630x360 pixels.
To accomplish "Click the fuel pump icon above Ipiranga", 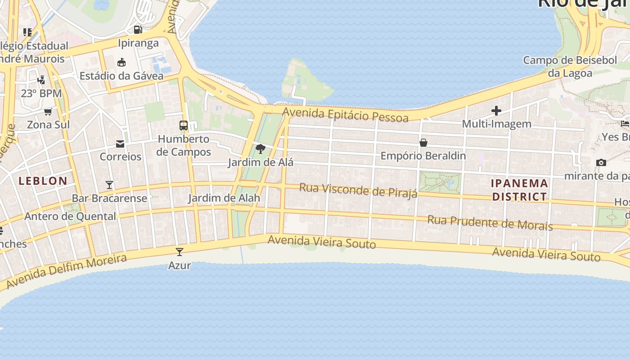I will (138, 30).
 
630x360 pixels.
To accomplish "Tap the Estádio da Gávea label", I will (121, 76).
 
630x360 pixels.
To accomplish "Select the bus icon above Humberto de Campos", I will (184, 126).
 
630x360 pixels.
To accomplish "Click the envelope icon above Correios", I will (120, 144).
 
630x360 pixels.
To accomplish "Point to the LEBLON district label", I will (43, 181).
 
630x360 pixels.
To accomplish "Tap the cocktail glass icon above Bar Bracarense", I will (109, 184).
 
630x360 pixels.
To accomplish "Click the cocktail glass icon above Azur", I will (180, 252).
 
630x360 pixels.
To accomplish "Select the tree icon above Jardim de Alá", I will (260, 148).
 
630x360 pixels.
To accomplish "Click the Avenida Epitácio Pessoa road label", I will (346, 114).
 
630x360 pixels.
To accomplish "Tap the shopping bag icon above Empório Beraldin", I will (423, 143).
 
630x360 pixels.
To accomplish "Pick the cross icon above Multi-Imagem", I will (496, 110).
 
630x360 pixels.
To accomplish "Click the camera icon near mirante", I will (601, 162).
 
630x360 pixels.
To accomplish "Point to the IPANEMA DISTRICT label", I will (519, 190).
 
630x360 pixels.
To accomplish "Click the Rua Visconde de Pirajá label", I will (358, 189).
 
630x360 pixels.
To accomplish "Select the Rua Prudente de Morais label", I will (490, 222).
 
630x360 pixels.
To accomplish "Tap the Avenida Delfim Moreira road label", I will (67, 271).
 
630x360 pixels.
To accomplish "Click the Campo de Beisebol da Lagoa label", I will (570, 66).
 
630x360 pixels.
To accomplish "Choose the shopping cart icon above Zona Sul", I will (48, 112).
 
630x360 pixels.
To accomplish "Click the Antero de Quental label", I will (70, 216).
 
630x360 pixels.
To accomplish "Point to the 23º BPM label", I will (41, 94).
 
